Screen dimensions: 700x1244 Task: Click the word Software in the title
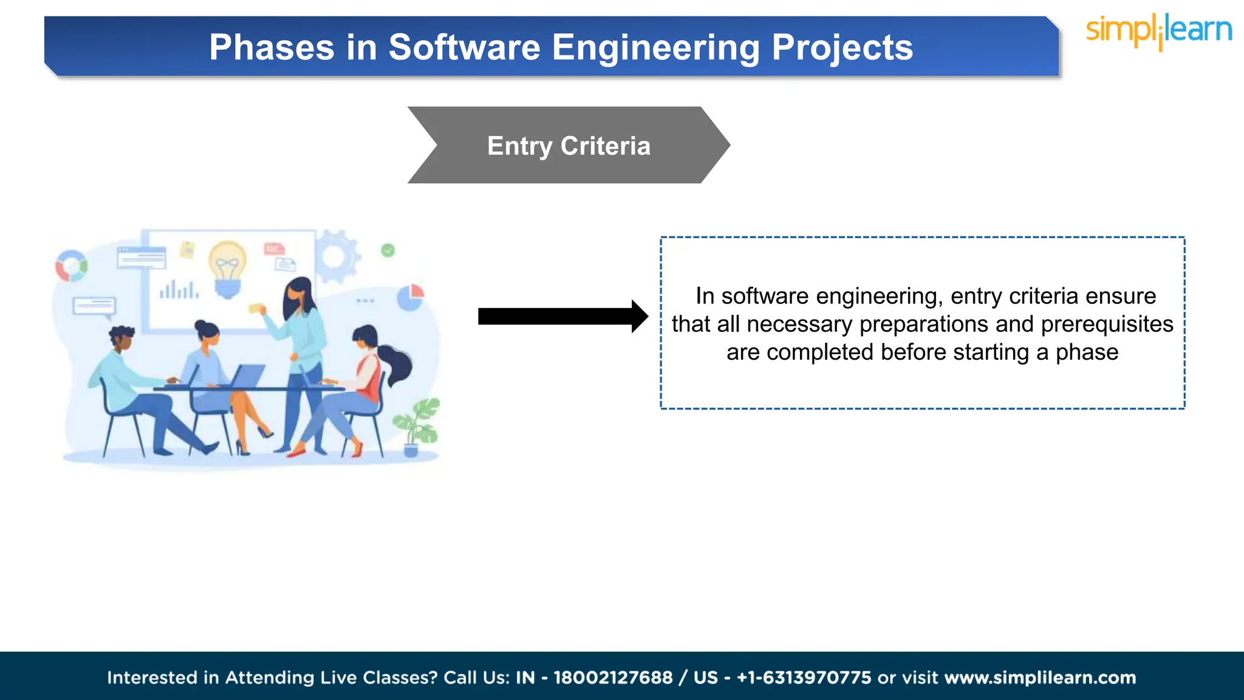(x=464, y=47)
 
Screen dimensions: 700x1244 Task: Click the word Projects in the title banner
(x=842, y=47)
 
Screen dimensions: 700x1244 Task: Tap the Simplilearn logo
(x=1158, y=30)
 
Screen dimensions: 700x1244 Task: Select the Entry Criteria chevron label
(x=569, y=146)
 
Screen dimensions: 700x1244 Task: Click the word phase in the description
(x=1087, y=352)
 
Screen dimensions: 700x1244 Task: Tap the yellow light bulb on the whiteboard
(x=228, y=267)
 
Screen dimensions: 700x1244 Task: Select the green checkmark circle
(x=388, y=250)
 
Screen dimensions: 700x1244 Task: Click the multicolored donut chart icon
(x=71, y=266)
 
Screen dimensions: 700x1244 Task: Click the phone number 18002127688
(x=613, y=678)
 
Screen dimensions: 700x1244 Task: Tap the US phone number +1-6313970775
(x=804, y=678)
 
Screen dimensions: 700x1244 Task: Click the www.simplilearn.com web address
(x=1040, y=678)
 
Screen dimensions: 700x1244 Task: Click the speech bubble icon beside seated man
(x=94, y=306)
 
